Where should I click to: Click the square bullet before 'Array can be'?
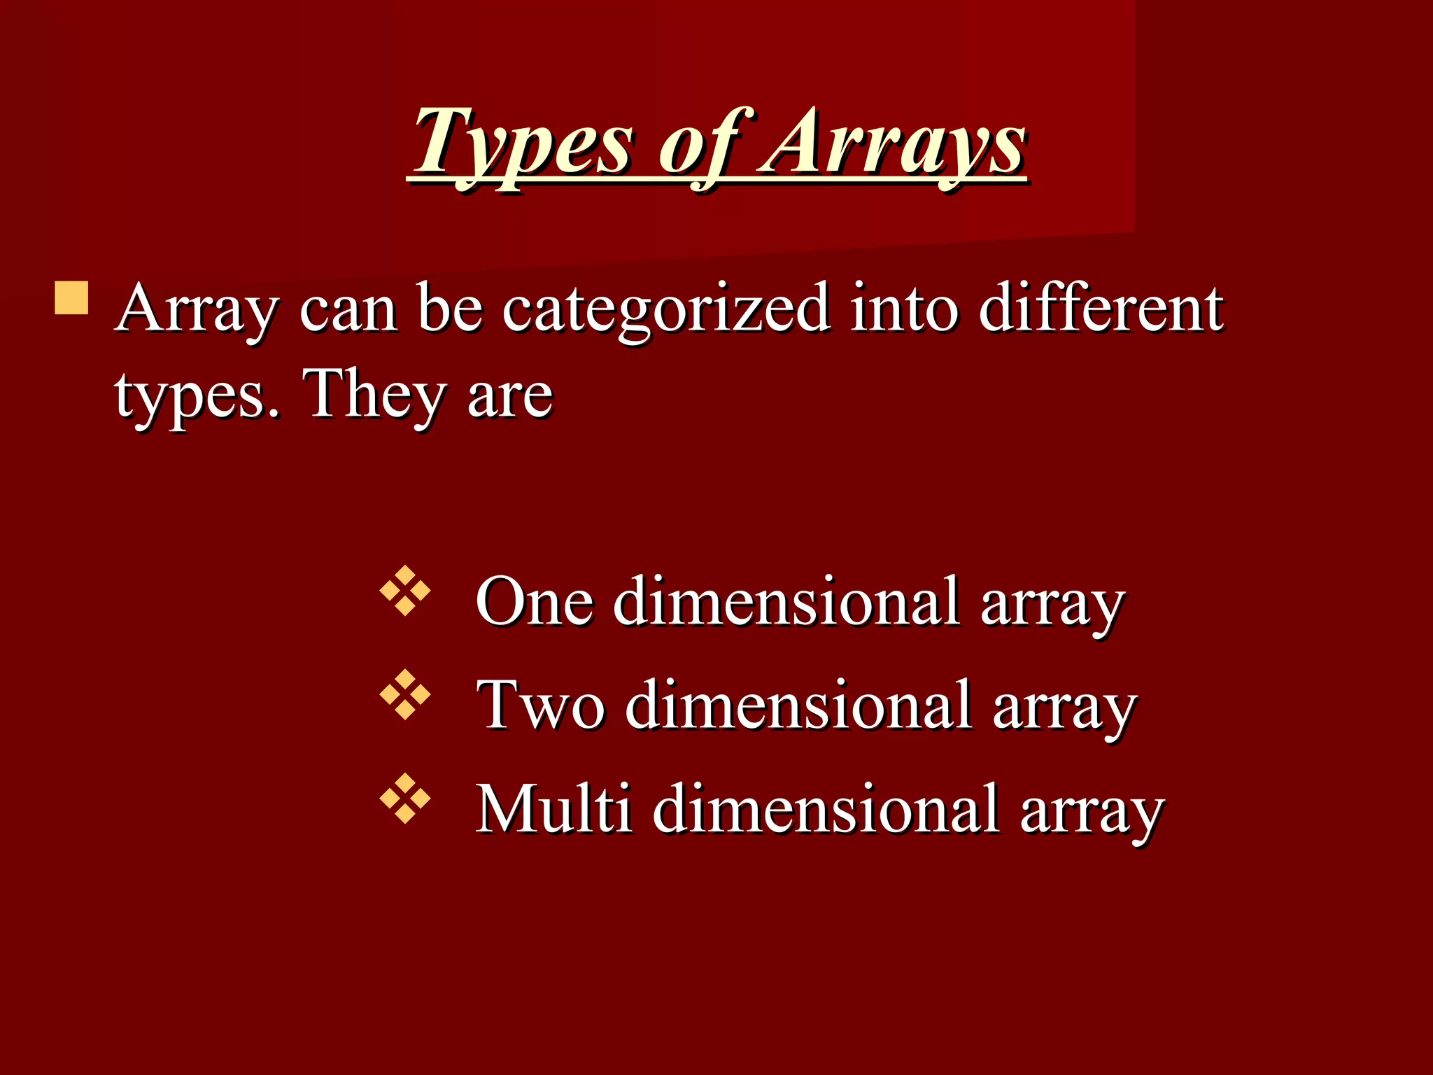point(71,298)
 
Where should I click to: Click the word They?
point(374,396)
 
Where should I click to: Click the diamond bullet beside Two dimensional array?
point(405,696)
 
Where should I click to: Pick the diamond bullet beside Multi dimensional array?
point(405,799)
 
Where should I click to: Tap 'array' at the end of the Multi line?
point(1092,812)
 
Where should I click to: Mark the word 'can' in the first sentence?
point(348,311)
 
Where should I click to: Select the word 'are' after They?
point(510,398)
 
